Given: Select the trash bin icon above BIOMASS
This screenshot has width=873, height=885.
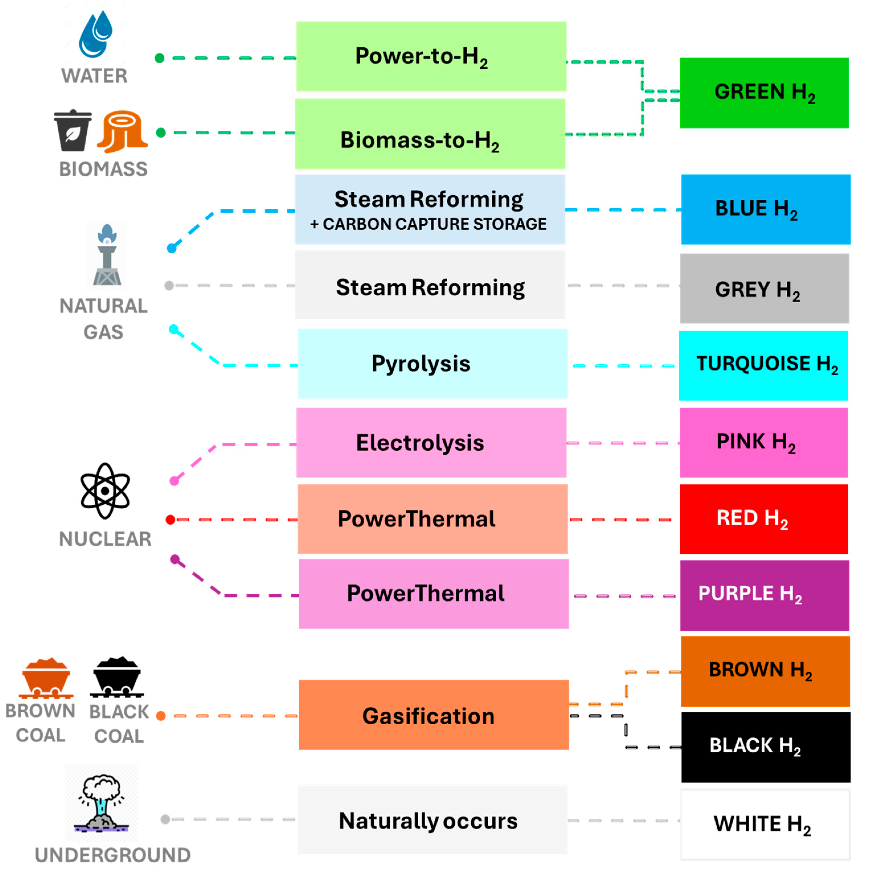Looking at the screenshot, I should click(72, 130).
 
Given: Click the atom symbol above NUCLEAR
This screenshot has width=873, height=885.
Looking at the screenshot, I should click(105, 490).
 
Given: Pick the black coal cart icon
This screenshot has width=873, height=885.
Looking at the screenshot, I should click(117, 676).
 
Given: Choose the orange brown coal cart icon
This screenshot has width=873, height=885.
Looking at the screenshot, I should click(46, 677).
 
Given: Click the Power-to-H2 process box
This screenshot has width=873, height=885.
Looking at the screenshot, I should click(431, 56).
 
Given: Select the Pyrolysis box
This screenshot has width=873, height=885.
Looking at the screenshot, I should click(432, 364).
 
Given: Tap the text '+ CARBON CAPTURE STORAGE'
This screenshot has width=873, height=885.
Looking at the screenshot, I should click(428, 224).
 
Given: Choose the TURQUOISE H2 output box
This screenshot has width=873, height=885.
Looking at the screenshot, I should click(763, 365).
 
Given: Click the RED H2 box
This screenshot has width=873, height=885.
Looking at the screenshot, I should click(763, 519).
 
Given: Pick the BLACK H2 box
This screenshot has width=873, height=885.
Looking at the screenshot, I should click(765, 747).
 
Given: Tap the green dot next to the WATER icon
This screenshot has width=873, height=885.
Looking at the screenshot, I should click(159, 58).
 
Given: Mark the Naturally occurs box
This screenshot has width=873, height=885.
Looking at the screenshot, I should click(432, 820).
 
